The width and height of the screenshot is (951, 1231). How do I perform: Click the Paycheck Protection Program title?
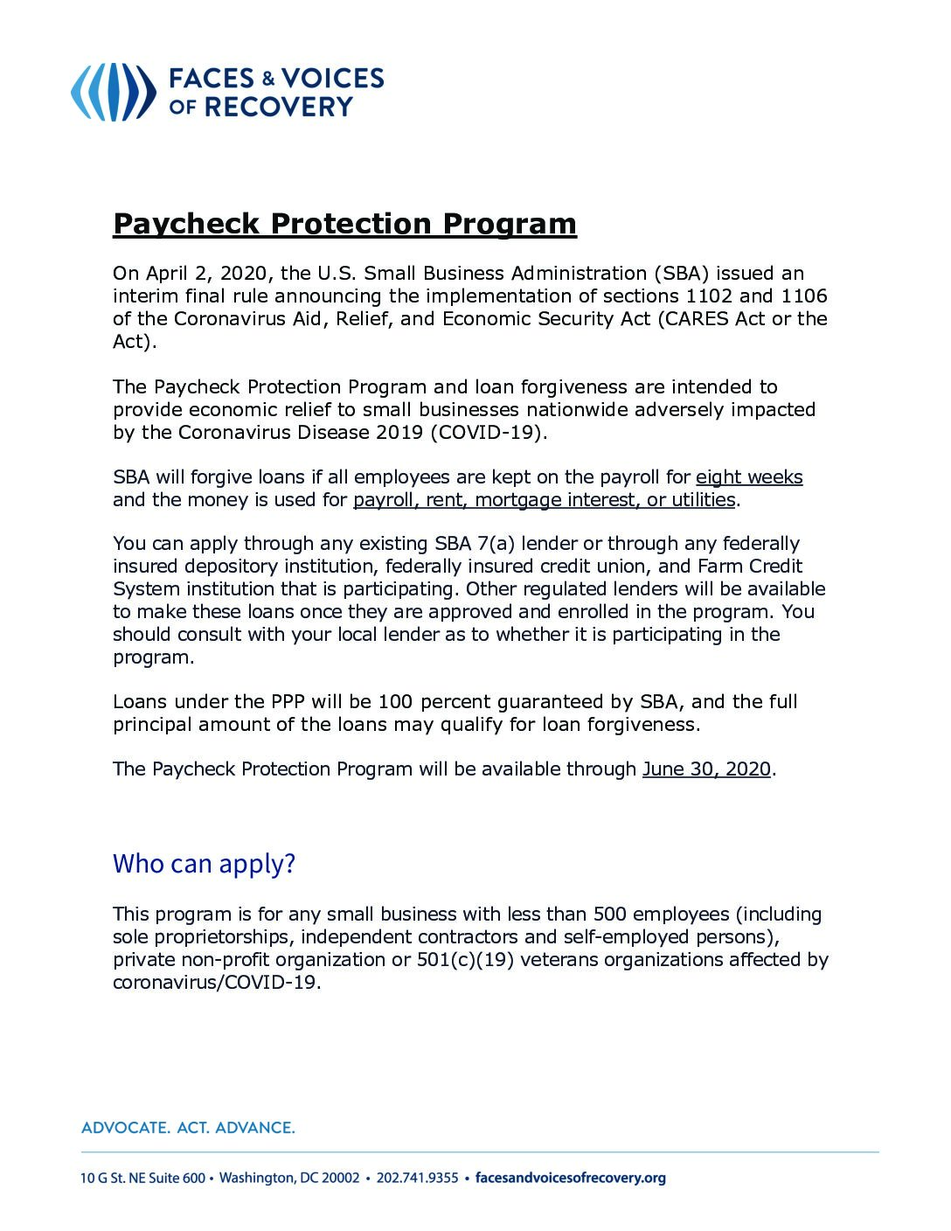point(344,224)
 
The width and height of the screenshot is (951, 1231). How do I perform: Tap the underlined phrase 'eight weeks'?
point(749,477)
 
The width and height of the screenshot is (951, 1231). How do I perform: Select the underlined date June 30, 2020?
point(706,769)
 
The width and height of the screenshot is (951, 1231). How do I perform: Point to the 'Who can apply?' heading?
point(204,864)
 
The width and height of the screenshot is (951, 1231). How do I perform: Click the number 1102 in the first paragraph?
point(708,296)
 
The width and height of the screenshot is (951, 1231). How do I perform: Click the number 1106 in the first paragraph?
point(803,296)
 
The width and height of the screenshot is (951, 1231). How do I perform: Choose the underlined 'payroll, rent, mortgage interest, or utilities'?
point(544,500)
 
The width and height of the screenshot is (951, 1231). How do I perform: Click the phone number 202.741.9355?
point(417,1178)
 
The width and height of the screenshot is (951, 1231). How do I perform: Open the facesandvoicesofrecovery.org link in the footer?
point(570,1178)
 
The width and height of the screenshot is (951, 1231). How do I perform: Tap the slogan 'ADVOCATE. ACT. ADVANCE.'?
point(188,1128)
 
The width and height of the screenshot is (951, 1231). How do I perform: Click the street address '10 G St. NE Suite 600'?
point(142,1178)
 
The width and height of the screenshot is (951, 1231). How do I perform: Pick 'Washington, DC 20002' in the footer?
point(289,1178)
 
